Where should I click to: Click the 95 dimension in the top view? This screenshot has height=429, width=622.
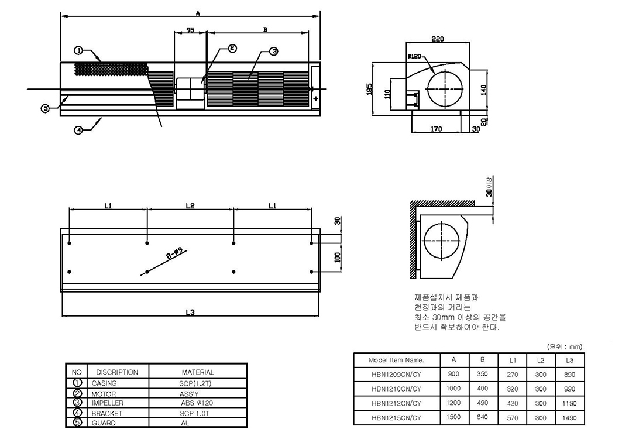[190, 30]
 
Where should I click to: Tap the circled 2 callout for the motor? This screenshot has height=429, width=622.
[232, 49]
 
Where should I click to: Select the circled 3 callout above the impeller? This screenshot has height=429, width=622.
[274, 51]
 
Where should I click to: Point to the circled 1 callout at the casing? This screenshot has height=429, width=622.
[78, 50]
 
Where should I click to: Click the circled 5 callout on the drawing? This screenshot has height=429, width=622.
[46, 108]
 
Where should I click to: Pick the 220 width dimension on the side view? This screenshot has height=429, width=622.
[438, 39]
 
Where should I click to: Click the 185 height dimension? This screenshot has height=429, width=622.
[369, 89]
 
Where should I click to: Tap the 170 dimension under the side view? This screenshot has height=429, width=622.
[436, 129]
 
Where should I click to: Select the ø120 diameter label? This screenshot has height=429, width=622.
[414, 56]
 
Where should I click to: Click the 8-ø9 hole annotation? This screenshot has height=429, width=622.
[174, 253]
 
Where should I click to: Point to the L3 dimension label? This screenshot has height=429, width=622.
[190, 313]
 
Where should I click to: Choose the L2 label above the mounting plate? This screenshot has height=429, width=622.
[190, 205]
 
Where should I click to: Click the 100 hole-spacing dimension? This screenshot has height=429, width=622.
[338, 257]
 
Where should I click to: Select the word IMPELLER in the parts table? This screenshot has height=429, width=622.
[108, 403]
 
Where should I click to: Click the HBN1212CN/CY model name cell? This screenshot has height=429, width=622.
[396, 403]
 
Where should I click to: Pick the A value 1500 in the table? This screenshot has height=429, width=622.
[453, 417]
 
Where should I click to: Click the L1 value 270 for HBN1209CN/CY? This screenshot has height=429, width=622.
[513, 374]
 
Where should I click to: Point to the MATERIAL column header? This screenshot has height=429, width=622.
[198, 372]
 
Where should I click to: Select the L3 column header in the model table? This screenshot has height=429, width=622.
[570, 361]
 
